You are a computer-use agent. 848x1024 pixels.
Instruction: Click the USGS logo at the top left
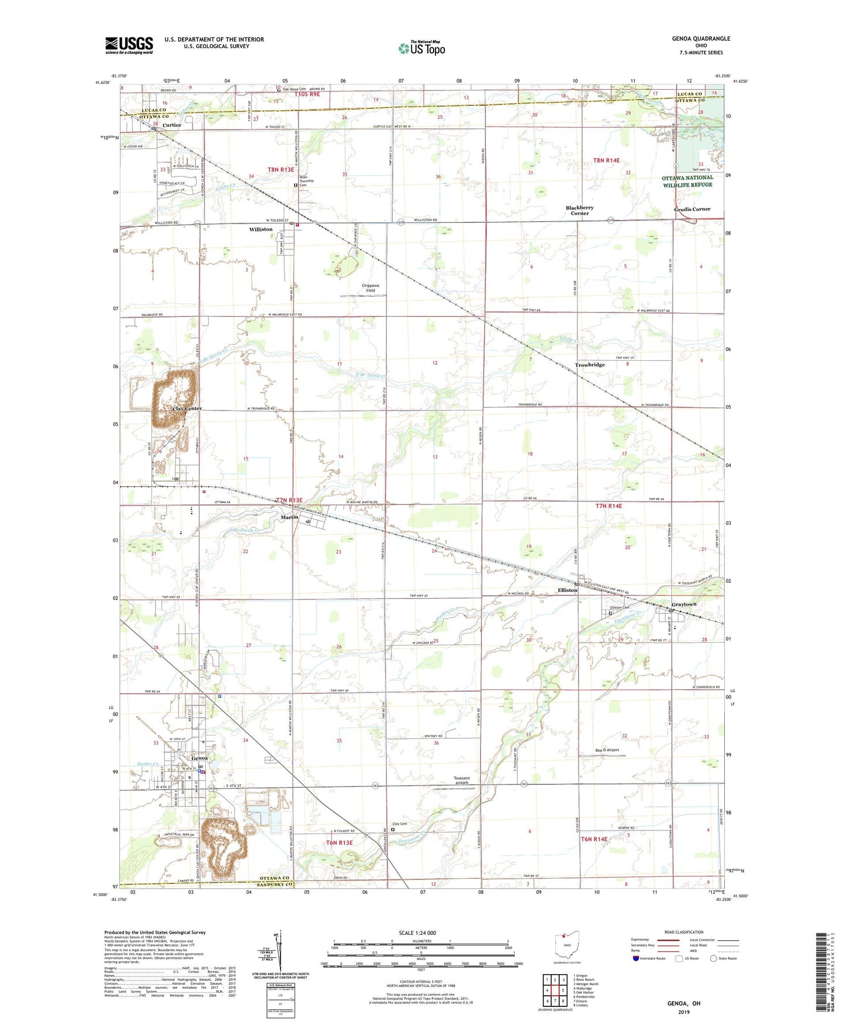click(x=129, y=45)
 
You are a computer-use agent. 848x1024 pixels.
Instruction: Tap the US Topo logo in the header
click(x=421, y=48)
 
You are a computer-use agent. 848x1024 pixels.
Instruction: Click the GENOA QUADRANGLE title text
click(x=701, y=39)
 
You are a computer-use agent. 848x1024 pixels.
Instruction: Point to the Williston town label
click(x=261, y=229)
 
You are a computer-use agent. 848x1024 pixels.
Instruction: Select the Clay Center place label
click(x=187, y=408)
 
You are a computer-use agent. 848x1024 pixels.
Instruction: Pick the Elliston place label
click(x=567, y=590)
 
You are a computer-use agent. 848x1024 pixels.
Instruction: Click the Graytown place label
click(x=684, y=604)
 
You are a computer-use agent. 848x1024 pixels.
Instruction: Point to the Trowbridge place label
click(x=589, y=365)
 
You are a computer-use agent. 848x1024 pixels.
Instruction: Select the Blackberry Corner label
click(x=579, y=211)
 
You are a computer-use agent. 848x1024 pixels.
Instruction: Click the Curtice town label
click(x=171, y=125)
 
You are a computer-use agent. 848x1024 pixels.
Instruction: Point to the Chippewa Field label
click(x=370, y=288)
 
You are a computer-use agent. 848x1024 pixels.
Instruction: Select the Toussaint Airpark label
click(x=461, y=781)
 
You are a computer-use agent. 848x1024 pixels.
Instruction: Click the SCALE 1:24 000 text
click(x=417, y=933)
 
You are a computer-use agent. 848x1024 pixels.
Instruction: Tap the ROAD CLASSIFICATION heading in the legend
click(x=684, y=932)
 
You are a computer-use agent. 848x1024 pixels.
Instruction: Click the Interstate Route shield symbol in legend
click(x=636, y=958)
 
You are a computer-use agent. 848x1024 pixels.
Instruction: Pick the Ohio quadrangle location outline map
click(x=567, y=944)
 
